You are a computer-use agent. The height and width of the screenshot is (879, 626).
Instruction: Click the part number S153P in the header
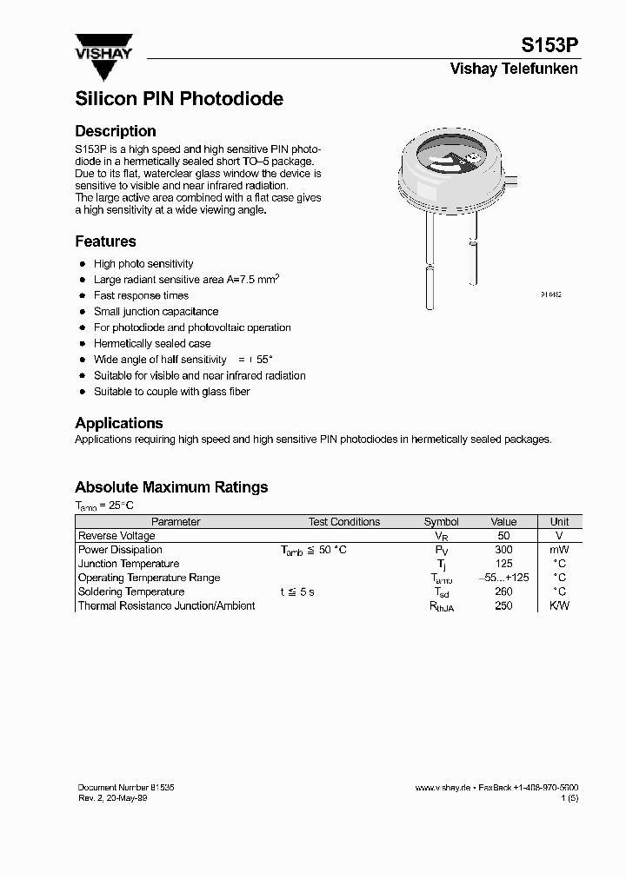click(549, 45)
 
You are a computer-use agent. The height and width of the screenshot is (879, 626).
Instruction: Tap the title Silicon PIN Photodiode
click(179, 99)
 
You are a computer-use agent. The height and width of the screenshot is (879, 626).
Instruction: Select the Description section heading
click(116, 131)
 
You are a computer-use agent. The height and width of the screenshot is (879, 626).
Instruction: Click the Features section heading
click(105, 241)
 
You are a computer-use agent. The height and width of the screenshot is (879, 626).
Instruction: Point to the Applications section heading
click(119, 423)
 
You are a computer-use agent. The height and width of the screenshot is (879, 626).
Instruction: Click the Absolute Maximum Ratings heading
click(171, 487)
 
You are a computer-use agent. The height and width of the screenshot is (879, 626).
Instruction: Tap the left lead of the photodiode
click(430, 261)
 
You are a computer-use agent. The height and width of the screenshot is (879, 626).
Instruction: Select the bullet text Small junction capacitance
click(156, 312)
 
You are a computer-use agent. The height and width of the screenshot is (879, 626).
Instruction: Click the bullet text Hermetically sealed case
click(152, 344)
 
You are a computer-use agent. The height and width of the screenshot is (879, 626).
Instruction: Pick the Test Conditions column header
click(343, 522)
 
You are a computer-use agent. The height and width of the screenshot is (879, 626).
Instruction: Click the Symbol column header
click(441, 522)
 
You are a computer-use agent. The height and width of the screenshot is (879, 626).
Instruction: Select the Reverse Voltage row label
click(117, 536)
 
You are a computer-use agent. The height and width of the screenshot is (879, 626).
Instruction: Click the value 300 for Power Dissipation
click(503, 550)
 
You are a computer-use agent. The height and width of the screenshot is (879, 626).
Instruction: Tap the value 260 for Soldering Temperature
click(503, 592)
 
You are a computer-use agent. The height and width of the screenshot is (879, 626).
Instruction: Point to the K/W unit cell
click(559, 605)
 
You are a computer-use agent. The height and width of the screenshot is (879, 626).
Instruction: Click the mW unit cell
click(559, 550)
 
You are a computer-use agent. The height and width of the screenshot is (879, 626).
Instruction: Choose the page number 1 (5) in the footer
click(569, 797)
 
